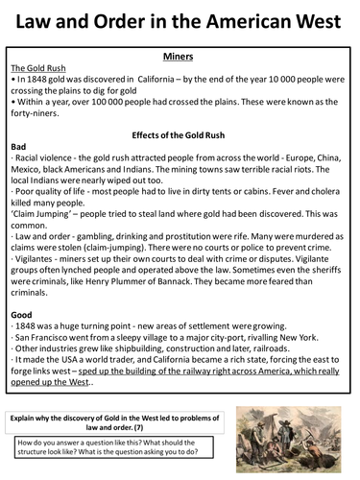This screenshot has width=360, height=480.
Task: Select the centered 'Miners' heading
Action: click(x=179, y=57)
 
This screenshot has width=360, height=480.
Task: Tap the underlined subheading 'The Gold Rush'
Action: click(x=35, y=70)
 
